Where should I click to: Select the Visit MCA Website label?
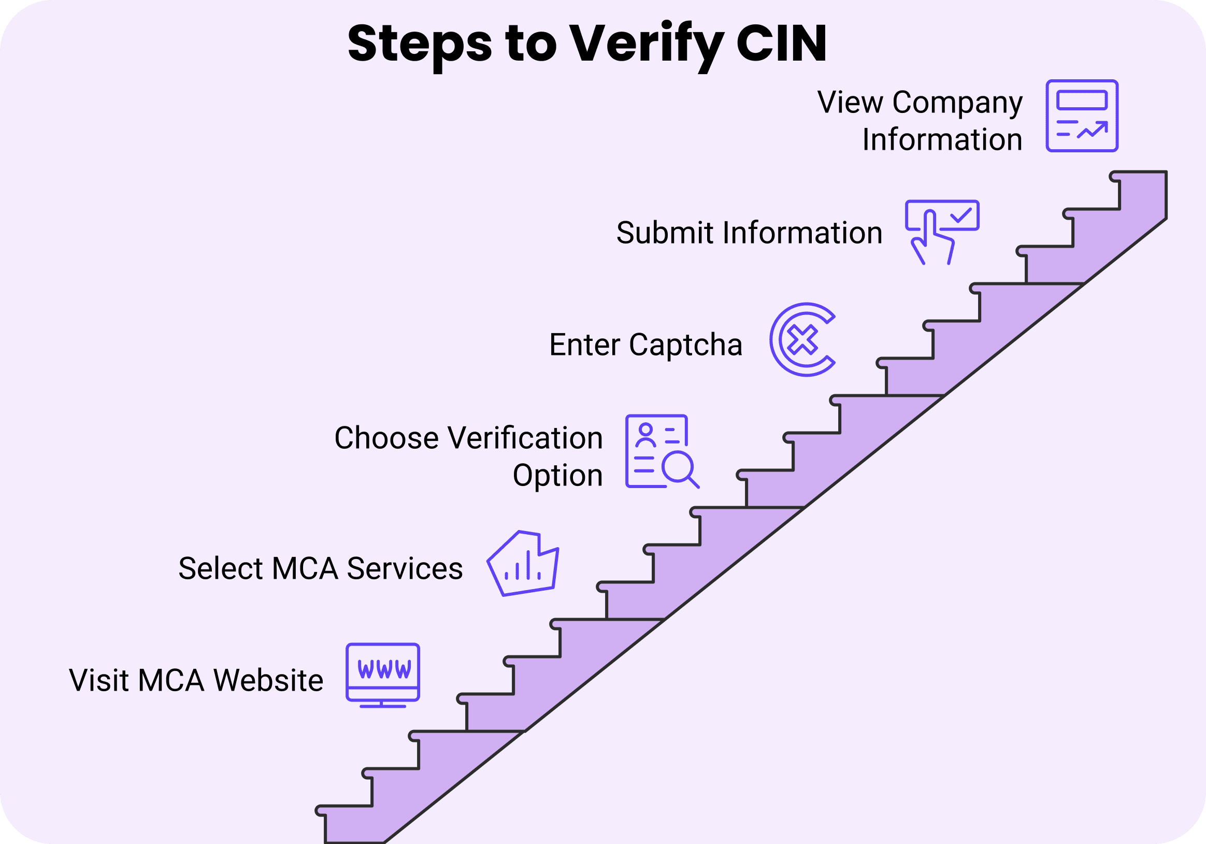(196, 680)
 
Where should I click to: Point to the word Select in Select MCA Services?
(220, 568)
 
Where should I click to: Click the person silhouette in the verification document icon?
(645, 435)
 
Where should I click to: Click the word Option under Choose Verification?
(557, 475)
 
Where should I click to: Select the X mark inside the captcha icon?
(802, 339)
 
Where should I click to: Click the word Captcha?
(685, 345)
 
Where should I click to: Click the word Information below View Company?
(942, 140)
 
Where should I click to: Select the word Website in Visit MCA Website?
(268, 680)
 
